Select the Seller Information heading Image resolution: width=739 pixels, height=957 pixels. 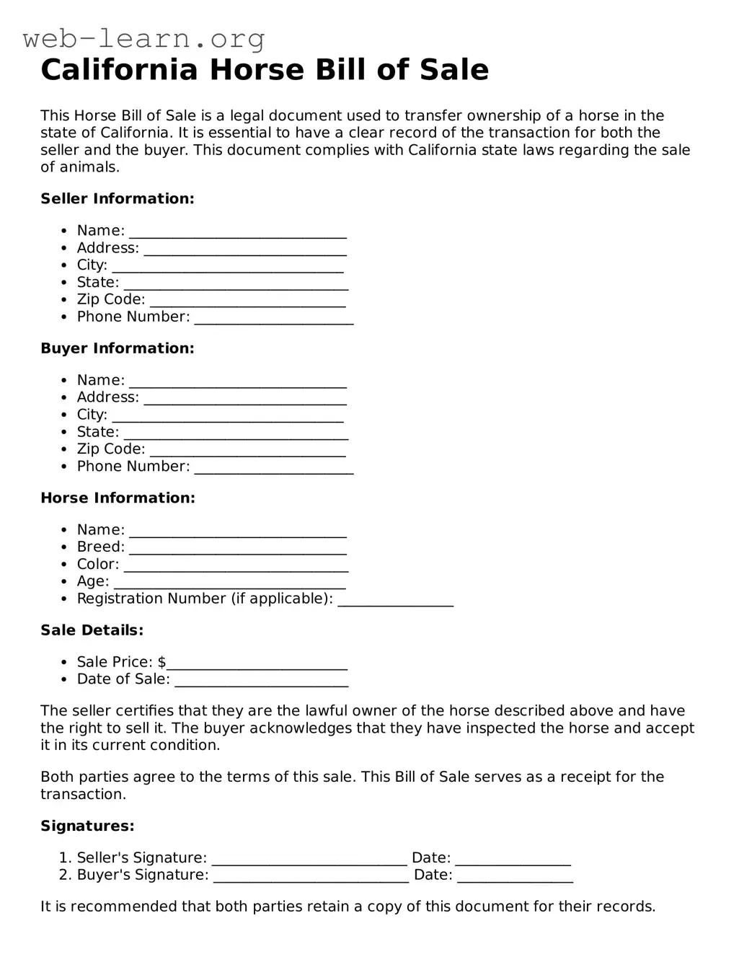tap(118, 199)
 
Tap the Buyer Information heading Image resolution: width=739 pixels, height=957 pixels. tap(118, 348)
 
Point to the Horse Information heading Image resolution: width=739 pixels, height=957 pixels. tap(118, 498)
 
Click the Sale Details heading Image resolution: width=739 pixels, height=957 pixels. tap(92, 630)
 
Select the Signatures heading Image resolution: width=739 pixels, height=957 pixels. tap(87, 826)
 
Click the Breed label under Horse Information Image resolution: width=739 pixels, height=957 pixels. tap(100, 547)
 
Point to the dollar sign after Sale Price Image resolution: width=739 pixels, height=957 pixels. tap(161, 662)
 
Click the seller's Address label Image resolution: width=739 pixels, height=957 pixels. tap(107, 248)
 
